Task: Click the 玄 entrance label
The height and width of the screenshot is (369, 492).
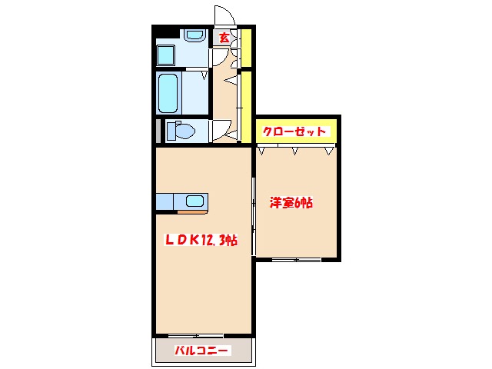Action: pos(224,37)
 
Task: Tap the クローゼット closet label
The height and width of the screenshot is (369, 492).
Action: pos(295,131)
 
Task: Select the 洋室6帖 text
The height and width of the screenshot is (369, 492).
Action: pos(291,204)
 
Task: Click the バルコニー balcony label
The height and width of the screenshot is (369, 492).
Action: pos(201,351)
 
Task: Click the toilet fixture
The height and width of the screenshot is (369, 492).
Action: pos(182,131)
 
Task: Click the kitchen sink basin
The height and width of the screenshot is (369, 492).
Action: pos(194,202)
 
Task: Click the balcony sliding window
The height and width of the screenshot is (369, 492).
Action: pos(194,336)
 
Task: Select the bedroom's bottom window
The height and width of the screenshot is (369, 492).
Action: pos(296,260)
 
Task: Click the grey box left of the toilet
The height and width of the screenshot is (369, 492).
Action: pos(159,131)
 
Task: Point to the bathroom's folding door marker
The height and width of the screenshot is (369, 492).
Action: pos(204,75)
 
